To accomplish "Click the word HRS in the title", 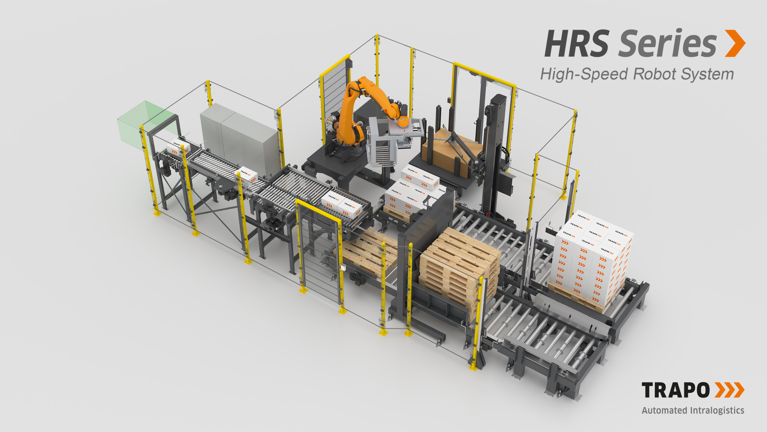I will click(577, 44).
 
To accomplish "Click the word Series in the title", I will click(668, 44).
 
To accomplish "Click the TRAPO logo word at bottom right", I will click(676, 390).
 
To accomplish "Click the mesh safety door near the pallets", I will click(320, 252).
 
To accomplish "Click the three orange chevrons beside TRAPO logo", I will click(729, 390).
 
